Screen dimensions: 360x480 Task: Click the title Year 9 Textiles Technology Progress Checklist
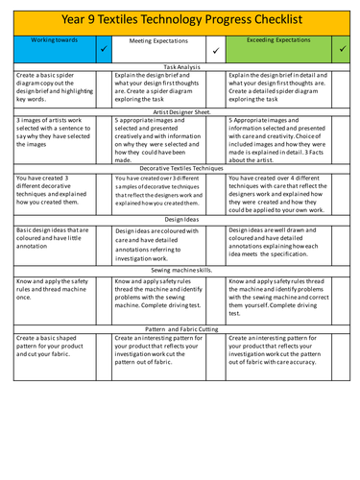point(180,18)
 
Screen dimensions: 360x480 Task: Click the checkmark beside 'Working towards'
point(104,47)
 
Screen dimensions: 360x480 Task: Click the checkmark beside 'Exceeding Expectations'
point(343,46)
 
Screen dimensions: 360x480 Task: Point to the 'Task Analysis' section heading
point(180,64)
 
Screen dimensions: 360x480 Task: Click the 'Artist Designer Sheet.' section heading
point(180,112)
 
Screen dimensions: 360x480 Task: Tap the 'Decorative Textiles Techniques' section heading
point(180,168)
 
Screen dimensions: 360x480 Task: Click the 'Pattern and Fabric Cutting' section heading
point(180,328)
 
